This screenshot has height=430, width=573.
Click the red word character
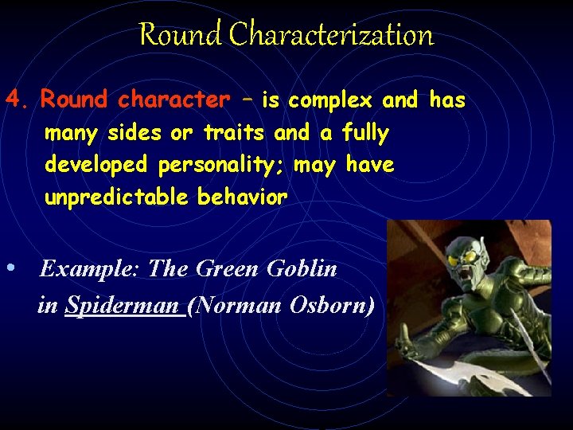tap(173, 100)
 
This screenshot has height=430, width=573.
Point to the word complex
tap(330, 100)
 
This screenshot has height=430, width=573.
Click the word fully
tap(365, 133)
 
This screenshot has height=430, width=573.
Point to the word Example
tap(90, 269)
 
